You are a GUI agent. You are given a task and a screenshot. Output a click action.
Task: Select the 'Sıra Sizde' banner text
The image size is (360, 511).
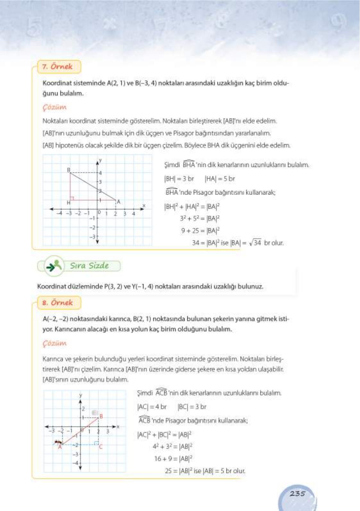pos(89,266)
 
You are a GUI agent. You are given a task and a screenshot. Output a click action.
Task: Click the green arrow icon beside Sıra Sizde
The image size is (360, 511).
pos(53,266)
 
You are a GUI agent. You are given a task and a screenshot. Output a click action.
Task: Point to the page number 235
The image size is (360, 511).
pos(297,494)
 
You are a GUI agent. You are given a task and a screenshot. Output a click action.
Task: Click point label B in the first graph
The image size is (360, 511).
pos(68,170)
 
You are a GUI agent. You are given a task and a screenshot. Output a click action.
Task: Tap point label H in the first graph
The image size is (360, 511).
pos(68,203)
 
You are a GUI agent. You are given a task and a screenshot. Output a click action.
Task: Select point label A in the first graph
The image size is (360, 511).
pos(118,202)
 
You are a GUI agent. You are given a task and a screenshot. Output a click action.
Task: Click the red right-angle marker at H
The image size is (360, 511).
pos(72,198)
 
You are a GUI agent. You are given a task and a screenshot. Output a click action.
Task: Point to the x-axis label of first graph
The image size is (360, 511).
pos(144,205)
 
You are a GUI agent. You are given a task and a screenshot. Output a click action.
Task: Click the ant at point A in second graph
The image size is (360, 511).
pos(58,442)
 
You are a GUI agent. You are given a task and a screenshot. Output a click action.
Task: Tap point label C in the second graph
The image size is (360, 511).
pos(101,447)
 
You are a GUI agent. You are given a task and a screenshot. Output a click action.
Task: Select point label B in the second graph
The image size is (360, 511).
pos(101,416)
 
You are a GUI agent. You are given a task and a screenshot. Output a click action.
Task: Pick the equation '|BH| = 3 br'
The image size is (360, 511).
pos(179,179)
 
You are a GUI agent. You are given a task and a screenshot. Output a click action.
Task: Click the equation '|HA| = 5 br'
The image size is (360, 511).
pos(220,179)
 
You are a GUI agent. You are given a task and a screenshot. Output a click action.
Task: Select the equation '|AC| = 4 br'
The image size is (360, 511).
pos(152,407)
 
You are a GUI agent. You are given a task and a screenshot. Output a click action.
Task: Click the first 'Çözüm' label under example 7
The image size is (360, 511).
pos(54,107)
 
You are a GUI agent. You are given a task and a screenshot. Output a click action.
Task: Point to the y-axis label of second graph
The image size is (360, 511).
pos(80,395)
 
